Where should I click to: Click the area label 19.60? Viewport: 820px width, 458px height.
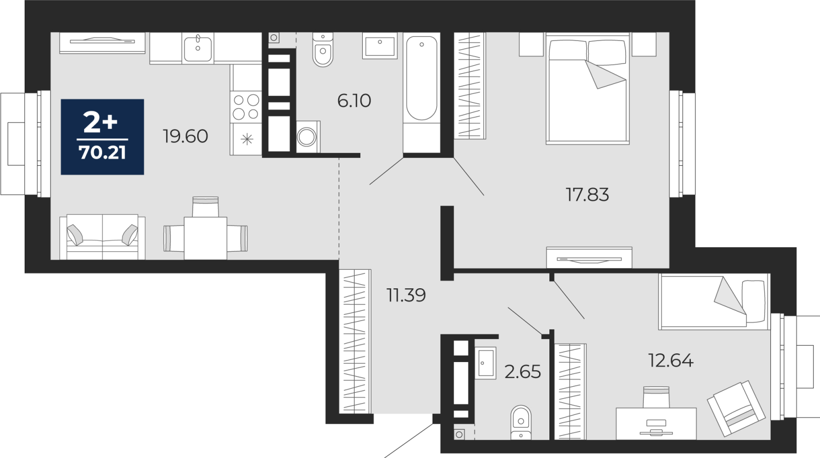186,136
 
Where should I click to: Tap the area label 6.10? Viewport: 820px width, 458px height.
354,101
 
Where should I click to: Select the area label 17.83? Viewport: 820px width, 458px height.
587,194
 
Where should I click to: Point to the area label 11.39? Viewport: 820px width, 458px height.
406,295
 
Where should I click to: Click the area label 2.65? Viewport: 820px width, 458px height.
522,372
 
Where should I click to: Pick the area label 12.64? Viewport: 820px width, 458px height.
671,361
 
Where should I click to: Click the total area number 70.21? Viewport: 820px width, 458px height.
102,153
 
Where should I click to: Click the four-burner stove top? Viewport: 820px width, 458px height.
246,107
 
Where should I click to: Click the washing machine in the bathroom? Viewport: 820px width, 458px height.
308,137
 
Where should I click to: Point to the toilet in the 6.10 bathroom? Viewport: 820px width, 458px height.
323,49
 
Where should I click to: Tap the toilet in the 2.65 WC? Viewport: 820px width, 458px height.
521,422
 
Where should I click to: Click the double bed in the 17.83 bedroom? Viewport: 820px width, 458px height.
587,88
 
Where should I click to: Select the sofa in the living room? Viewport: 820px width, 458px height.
102,237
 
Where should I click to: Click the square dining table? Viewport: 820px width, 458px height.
206,238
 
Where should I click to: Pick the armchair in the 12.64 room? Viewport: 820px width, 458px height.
736,408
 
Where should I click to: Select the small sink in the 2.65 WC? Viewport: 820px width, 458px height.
486,363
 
